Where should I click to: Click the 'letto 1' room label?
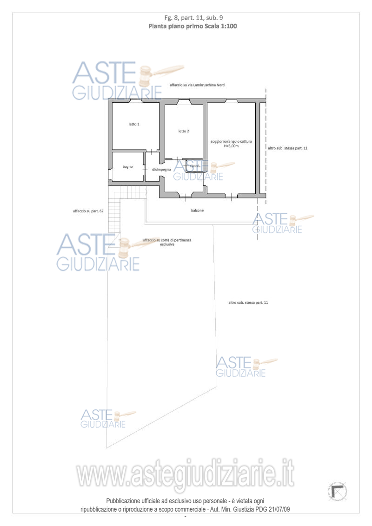(x=133, y=124)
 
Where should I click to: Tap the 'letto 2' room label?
(x=184, y=131)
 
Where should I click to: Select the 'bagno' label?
(x=127, y=167)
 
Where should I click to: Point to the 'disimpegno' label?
(x=161, y=170)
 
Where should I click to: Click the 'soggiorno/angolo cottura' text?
(x=231, y=142)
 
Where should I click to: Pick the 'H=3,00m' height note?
(x=231, y=146)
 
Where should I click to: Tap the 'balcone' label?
(x=198, y=210)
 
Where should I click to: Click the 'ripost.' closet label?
(x=195, y=166)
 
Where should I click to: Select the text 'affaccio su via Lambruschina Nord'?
(x=197, y=85)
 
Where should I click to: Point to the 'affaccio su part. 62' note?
(x=88, y=211)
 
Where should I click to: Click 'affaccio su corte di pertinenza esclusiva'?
(x=167, y=242)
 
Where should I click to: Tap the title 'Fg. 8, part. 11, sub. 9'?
(x=193, y=18)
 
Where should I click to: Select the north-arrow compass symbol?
(x=338, y=492)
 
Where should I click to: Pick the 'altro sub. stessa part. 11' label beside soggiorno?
(x=287, y=148)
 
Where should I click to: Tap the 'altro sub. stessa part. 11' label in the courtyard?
(x=248, y=303)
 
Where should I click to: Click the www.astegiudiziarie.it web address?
(x=186, y=473)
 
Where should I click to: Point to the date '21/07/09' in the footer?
(x=279, y=509)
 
